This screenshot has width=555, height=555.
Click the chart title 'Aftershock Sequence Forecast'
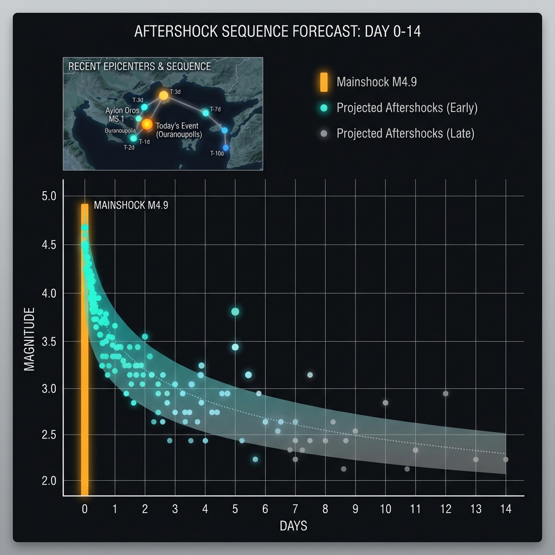[x=277, y=31]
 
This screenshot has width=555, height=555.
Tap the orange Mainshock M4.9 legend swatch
[x=324, y=82]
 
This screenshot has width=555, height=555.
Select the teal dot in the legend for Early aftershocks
[x=324, y=108]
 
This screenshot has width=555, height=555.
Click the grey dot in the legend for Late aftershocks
[x=324, y=133]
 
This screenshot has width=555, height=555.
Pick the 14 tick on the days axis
[x=506, y=509]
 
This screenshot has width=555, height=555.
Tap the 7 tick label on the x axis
[x=295, y=509]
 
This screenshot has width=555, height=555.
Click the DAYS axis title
[x=293, y=526]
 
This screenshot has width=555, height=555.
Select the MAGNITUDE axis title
[x=30, y=339]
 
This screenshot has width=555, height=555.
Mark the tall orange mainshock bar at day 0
[x=85, y=352]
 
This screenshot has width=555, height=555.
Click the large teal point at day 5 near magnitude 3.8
[x=235, y=312]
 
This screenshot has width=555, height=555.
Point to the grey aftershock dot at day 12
[x=446, y=393]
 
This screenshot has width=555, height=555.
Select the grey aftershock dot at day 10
[x=385, y=403]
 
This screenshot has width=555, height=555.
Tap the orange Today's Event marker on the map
[x=147, y=125]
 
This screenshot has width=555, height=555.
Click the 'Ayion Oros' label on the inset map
[x=122, y=111]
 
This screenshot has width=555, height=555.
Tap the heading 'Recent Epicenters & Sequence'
[x=140, y=67]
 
